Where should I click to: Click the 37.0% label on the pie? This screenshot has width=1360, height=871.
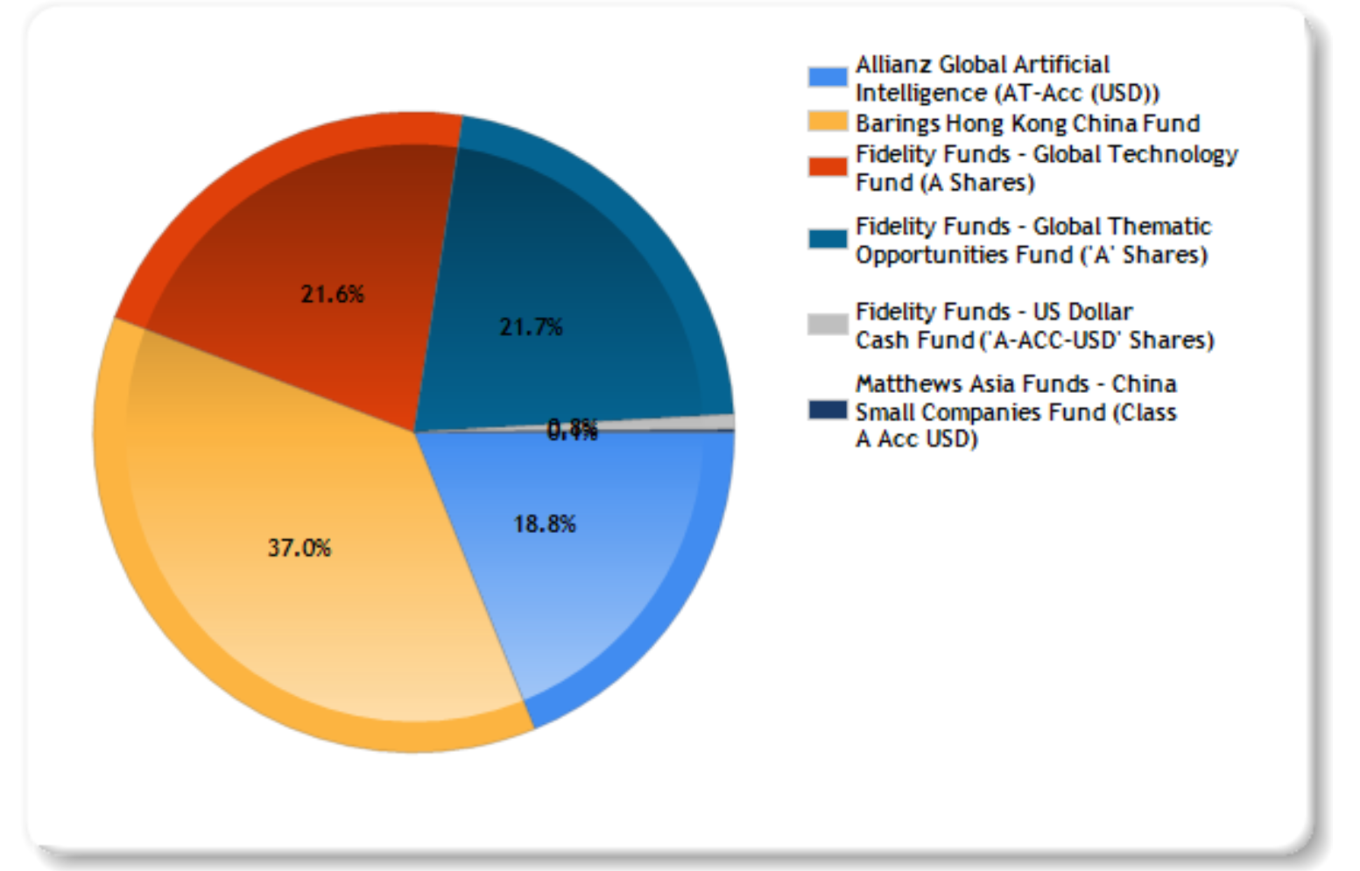tap(299, 548)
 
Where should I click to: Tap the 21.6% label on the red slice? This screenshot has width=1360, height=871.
tap(332, 294)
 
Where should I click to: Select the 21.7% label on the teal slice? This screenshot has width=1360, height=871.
tap(531, 327)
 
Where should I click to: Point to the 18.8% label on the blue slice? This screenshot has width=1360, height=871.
tap(545, 524)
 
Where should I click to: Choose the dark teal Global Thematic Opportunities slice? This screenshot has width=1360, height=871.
tap(595, 263)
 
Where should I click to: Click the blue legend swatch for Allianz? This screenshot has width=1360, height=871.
tap(828, 77)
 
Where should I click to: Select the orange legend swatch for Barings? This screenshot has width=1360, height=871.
tap(828, 123)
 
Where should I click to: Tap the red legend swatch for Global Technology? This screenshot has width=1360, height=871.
tap(828, 167)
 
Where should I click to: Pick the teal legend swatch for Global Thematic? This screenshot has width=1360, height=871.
tap(828, 239)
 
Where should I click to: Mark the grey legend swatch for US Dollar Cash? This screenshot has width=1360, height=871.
tap(828, 325)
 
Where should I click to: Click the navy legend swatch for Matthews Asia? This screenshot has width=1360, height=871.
tap(828, 410)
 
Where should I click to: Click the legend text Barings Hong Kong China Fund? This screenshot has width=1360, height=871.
tap(1027, 123)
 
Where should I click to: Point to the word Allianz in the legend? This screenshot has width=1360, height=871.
tap(893, 65)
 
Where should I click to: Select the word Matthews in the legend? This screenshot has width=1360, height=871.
tap(903, 384)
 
